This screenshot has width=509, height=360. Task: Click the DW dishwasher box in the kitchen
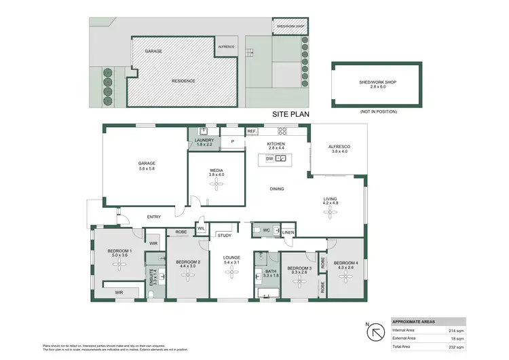pos(269,159)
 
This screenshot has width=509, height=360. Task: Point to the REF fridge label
pos(251,131)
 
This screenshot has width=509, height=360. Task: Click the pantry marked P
pos(232,142)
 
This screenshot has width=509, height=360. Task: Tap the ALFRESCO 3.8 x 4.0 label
pos(338,149)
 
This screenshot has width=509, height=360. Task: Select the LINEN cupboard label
pos(288,232)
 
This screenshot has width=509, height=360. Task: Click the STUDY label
pos(224,236)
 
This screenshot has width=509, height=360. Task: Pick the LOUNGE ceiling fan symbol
pos(231,272)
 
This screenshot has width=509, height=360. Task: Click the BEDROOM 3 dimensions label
pos(299,271)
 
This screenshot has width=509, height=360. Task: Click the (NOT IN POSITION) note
pos(379,111)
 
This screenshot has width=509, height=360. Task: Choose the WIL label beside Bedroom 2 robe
pos(201,229)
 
